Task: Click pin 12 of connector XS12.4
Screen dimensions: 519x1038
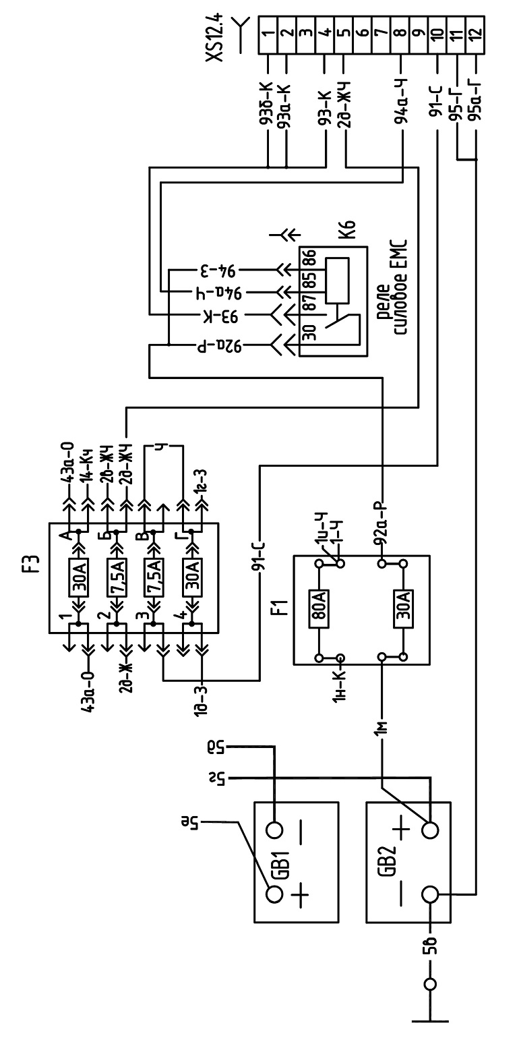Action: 476,33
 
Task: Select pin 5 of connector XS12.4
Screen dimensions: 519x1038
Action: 344,33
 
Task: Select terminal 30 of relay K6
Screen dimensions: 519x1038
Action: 309,334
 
